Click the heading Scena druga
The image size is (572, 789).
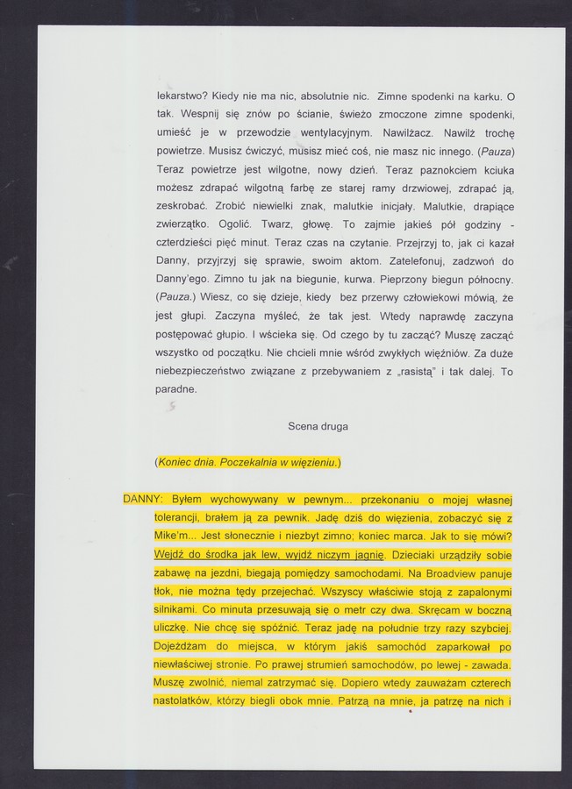pyautogui.click(x=318, y=426)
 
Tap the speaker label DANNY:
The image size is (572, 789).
pyautogui.click(x=145, y=499)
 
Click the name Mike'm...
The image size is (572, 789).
pyautogui.click(x=176, y=536)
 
